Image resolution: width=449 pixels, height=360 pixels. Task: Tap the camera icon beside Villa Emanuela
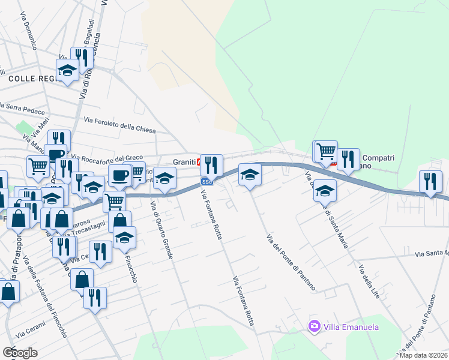(x=313, y=326)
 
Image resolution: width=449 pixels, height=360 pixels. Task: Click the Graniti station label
(x=185, y=162)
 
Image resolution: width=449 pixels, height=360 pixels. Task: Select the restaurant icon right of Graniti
(x=211, y=164)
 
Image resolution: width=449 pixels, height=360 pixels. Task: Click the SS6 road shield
(x=206, y=182)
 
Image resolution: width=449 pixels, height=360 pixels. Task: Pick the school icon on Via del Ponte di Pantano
(x=250, y=175)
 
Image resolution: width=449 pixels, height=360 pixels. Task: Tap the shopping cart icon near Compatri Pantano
(x=325, y=151)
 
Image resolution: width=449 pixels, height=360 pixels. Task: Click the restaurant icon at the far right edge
(x=430, y=181)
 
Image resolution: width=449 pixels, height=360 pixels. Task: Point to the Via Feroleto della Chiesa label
(x=119, y=125)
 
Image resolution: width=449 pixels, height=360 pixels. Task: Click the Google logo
(x=20, y=352)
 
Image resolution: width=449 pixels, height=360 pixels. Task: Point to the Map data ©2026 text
(x=424, y=355)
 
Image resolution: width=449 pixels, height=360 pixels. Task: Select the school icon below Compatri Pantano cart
(x=325, y=190)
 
